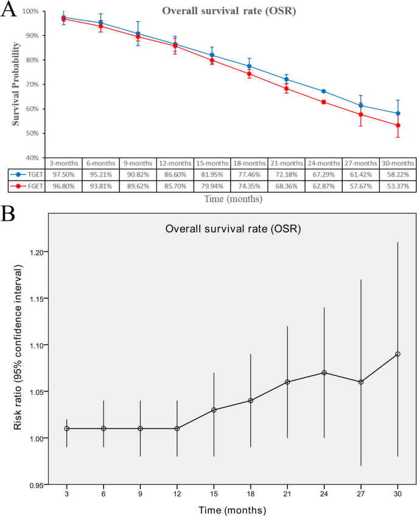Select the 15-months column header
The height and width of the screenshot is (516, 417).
pyautogui.click(x=212, y=163)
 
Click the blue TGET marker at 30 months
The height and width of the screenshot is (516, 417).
pyautogui.click(x=398, y=113)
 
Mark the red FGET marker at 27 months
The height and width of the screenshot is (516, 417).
pyautogui.click(x=361, y=114)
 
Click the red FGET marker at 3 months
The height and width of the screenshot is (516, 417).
pyautogui.click(x=64, y=19)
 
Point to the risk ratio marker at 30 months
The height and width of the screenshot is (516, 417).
pyautogui.click(x=398, y=354)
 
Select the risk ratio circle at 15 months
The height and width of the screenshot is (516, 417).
pyautogui.click(x=214, y=410)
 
